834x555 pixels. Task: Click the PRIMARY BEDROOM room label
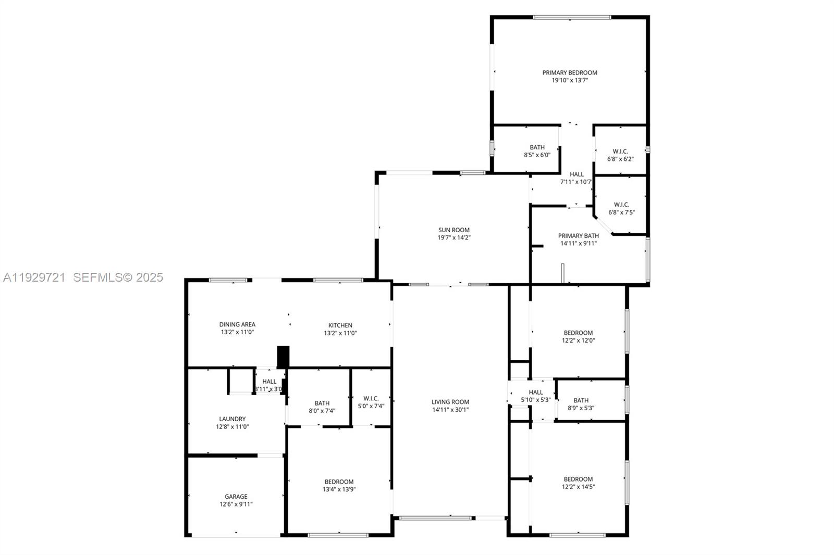(570, 72)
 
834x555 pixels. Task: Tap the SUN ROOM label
(454, 230)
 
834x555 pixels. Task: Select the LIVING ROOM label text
(450, 402)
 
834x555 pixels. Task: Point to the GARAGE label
(236, 497)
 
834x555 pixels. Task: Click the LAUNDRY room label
(232, 419)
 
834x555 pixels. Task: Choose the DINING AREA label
(237, 324)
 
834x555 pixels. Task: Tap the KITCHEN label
(340, 325)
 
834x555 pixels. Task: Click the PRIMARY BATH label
(579, 235)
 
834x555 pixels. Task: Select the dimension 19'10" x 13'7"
(570, 80)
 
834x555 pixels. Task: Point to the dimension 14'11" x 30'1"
(450, 410)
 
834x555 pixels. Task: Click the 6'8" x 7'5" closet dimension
(621, 212)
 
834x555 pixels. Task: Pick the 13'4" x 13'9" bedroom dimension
(339, 489)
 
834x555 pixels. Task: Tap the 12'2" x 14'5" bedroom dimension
(578, 487)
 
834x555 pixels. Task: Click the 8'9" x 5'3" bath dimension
(581, 408)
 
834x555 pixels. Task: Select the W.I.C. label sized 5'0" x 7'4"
(371, 398)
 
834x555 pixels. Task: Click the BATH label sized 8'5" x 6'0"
(537, 147)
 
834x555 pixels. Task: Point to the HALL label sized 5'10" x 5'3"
(536, 392)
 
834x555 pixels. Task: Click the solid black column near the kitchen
(283, 357)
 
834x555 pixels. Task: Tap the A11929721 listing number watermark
(34, 277)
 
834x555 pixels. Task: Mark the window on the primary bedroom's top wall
(572, 17)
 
